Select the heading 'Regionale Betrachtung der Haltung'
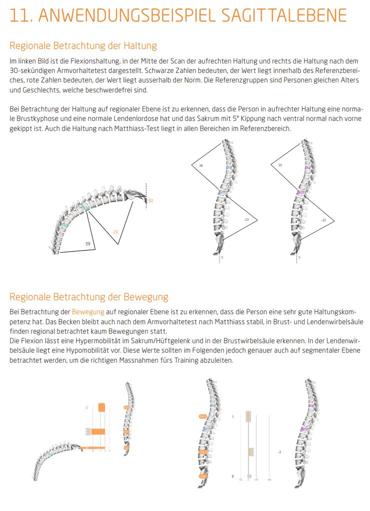(x=83, y=46)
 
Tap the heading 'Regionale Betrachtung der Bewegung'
(x=89, y=297)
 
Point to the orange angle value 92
(x=150, y=201)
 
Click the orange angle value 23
(x=115, y=232)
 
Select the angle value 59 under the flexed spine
(x=88, y=244)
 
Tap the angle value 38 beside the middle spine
(x=201, y=165)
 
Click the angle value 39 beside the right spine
(x=279, y=165)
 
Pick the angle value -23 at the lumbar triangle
(x=246, y=219)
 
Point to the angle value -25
(x=323, y=220)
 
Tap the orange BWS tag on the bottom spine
(x=203, y=416)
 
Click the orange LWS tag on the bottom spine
(x=202, y=452)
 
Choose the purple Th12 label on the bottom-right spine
(x=304, y=429)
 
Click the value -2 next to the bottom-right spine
(x=279, y=452)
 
